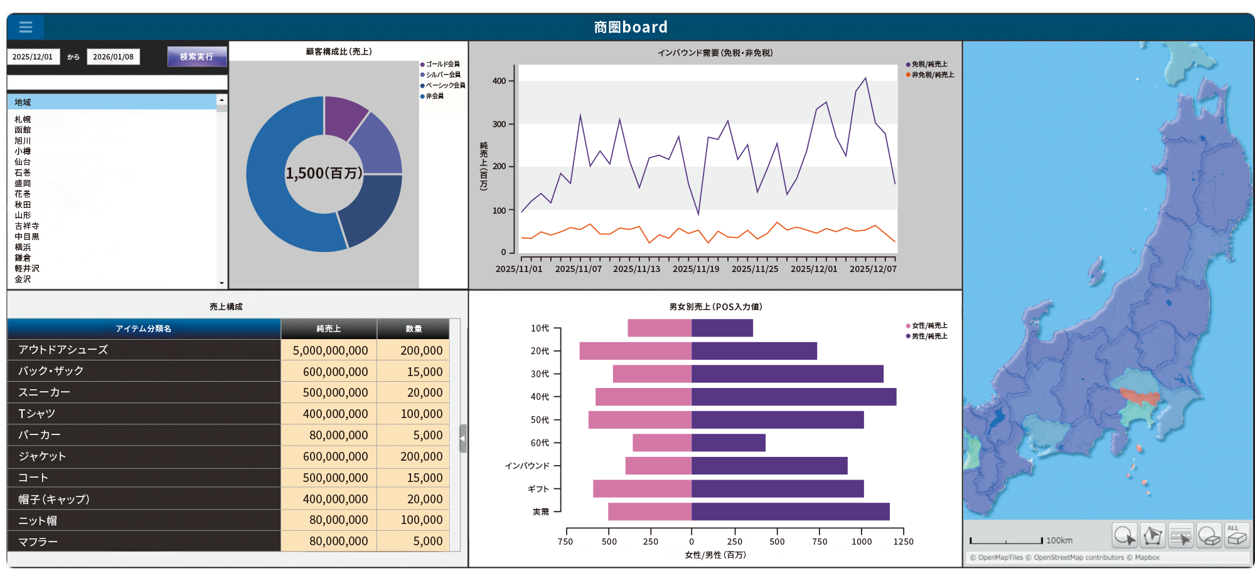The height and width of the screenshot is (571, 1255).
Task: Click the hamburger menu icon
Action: coord(26,27)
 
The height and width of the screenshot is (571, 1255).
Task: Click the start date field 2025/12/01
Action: coord(33,57)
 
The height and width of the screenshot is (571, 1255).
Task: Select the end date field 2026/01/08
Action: coord(113,57)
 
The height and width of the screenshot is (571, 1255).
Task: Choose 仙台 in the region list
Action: coord(23,162)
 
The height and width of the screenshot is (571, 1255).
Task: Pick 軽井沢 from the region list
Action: coord(27,268)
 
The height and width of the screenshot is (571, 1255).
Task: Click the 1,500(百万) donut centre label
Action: coord(324,173)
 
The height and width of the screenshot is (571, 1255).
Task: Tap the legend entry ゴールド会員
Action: coord(442,64)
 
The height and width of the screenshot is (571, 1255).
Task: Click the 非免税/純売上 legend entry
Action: coord(932,75)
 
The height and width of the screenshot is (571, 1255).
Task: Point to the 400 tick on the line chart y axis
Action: coord(499,81)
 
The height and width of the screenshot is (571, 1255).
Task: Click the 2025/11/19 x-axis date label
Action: coord(696,269)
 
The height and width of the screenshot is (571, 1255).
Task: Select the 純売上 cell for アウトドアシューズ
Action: coord(329,350)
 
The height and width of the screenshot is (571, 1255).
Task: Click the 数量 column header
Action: coord(414,328)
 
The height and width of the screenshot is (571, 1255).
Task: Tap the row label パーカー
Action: coord(40,435)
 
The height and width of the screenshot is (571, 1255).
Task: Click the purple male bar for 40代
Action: coord(793,397)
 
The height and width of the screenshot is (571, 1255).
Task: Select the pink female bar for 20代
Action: coord(635,351)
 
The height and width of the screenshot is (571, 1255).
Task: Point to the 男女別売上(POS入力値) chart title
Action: coord(715,306)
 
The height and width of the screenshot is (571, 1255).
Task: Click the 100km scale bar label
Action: coord(1059,540)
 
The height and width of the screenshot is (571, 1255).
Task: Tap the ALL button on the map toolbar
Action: coord(1237,536)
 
